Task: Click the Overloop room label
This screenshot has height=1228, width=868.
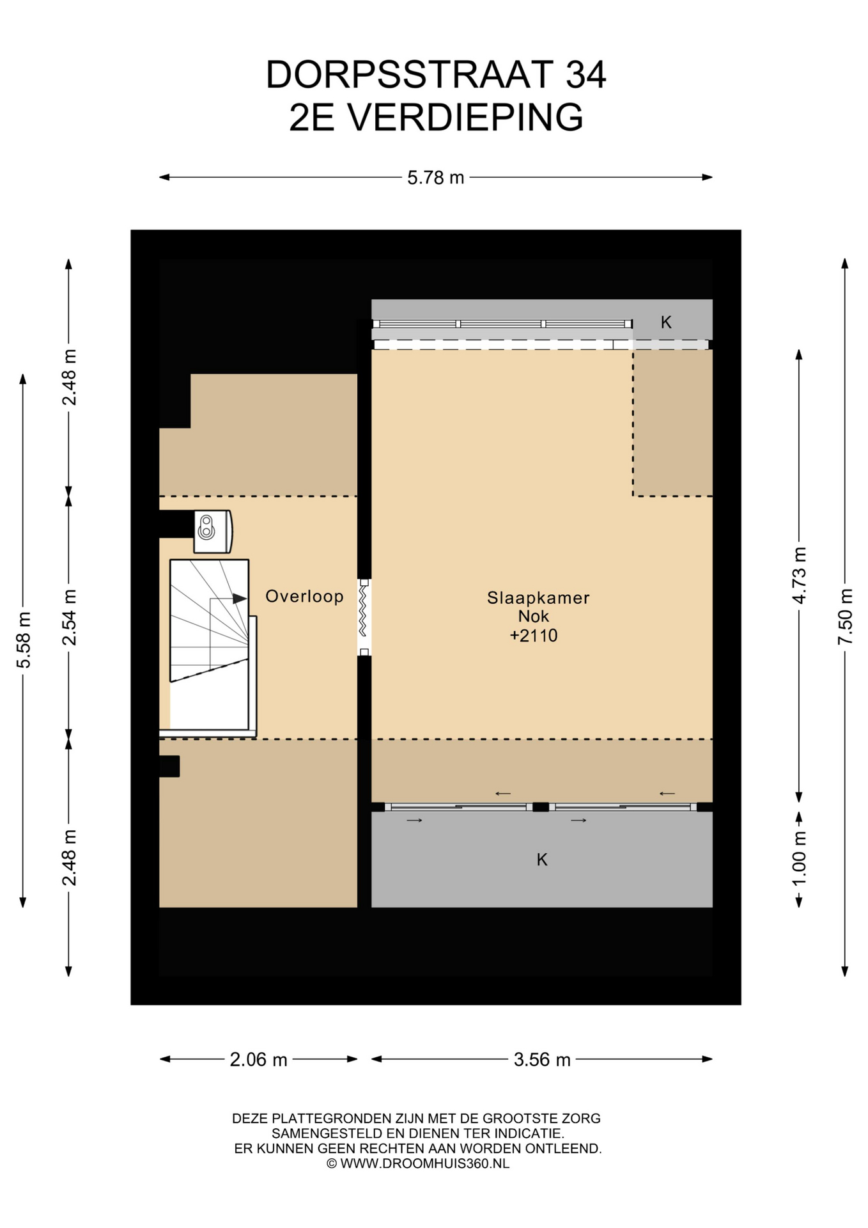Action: click(x=304, y=596)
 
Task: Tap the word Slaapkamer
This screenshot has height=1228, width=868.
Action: click(x=538, y=598)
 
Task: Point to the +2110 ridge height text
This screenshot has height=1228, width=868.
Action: click(x=534, y=635)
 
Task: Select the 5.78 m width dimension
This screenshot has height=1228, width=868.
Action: click(x=436, y=177)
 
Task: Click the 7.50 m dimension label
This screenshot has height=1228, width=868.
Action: click(x=845, y=617)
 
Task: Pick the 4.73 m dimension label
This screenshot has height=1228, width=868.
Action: click(x=799, y=576)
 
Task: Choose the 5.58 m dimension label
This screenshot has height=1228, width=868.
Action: click(x=23, y=640)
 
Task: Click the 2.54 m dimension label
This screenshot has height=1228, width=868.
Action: click(x=69, y=617)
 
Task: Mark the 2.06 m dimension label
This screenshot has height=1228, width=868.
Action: click(x=258, y=1060)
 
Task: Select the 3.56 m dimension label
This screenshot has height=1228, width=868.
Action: click(x=542, y=1060)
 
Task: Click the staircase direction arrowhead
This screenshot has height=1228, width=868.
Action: click(x=240, y=599)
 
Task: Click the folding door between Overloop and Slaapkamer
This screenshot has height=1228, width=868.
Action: click(x=364, y=617)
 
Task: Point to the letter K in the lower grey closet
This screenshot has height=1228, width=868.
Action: click(x=542, y=860)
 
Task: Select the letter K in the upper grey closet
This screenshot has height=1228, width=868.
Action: click(x=666, y=322)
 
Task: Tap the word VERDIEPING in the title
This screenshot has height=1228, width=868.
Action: click(x=465, y=117)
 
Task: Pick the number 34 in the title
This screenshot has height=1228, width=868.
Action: click(x=585, y=75)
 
